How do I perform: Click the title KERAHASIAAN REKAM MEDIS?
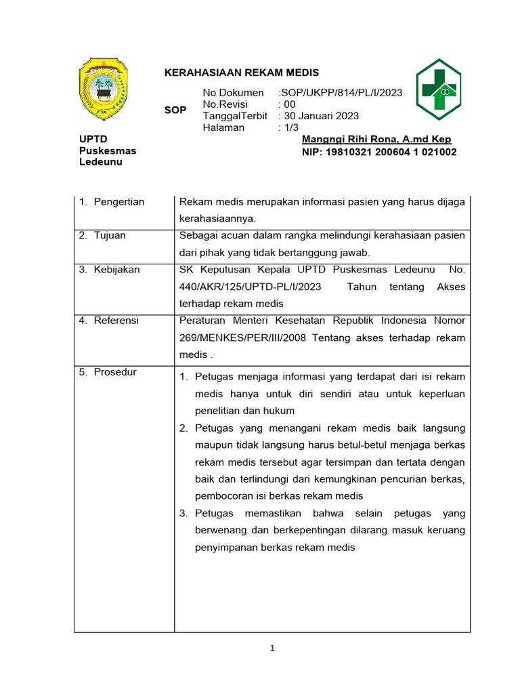(242, 73)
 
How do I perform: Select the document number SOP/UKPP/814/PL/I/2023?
(341, 93)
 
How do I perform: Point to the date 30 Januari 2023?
(322, 116)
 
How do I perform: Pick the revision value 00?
(290, 104)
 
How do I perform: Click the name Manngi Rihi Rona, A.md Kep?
(376, 140)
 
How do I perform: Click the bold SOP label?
(175, 110)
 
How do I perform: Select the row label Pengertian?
(118, 202)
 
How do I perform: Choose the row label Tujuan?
(110, 235)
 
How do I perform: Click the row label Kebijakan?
(116, 269)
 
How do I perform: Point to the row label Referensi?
(116, 320)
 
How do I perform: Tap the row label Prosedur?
(114, 372)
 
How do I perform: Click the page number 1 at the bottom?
(272, 649)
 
